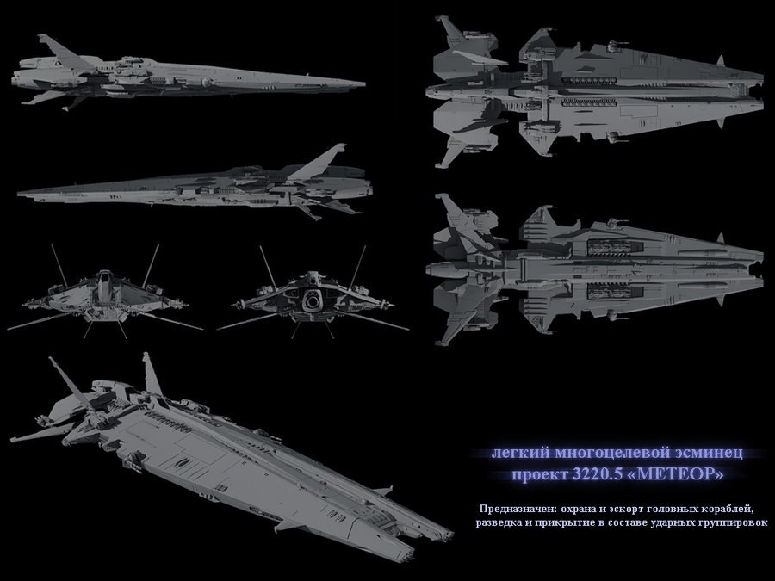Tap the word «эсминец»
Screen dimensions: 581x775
(706, 453)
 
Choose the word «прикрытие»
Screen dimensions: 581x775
(565, 523)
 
